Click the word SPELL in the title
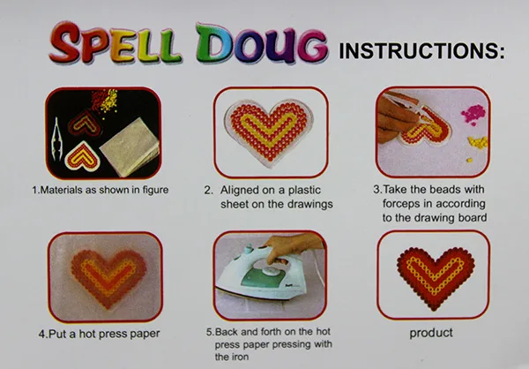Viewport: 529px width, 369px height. pyautogui.click(x=115, y=43)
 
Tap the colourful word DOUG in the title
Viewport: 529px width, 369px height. pyautogui.click(x=262, y=44)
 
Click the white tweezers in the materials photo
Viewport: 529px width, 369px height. pyautogui.click(x=56, y=140)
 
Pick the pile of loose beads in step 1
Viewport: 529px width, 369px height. pyautogui.click(x=105, y=100)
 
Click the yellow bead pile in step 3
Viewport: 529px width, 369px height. pyautogui.click(x=478, y=142)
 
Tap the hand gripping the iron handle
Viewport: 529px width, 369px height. pyautogui.click(x=290, y=246)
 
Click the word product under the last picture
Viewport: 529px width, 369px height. pyautogui.click(x=431, y=333)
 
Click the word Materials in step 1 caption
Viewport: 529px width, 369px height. pyautogui.click(x=62, y=190)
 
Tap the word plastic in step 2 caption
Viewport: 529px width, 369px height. pyautogui.click(x=304, y=191)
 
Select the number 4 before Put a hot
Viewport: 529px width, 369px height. pyautogui.click(x=41, y=335)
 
